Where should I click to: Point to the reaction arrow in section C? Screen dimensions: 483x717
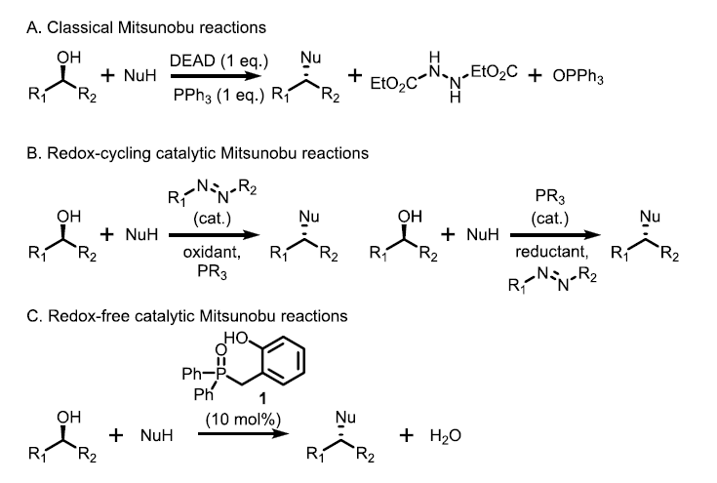coord(245,435)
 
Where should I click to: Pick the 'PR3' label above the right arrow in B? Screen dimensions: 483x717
coord(550,199)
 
